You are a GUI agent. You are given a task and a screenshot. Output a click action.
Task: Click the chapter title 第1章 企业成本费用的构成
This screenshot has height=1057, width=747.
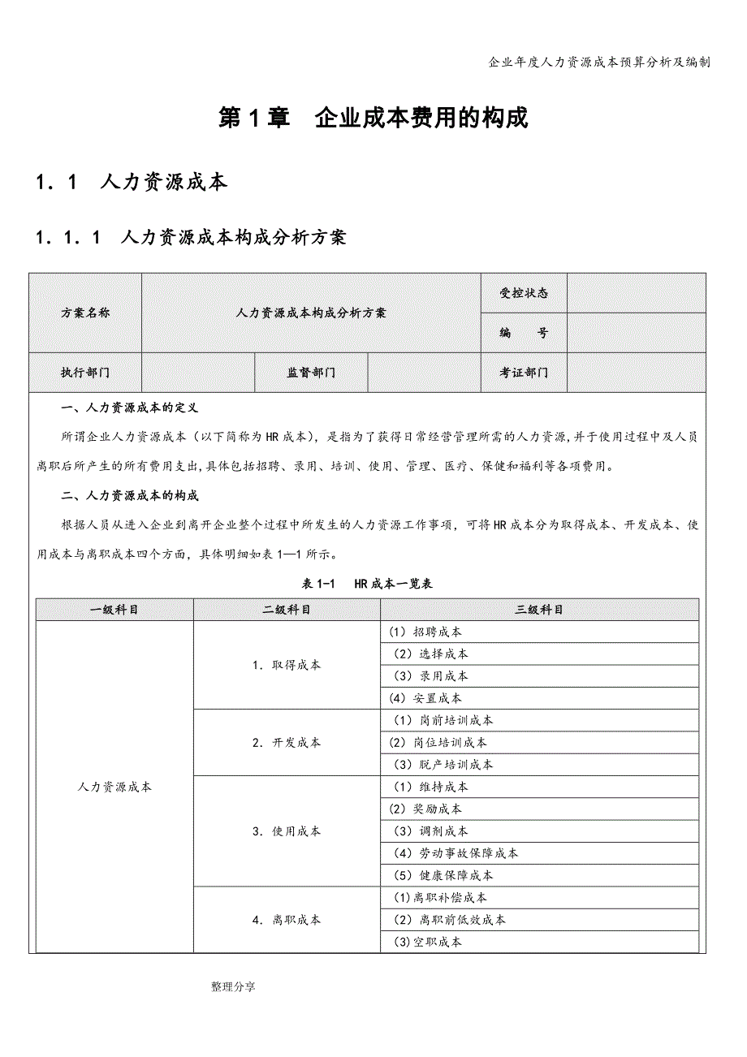[x=373, y=118]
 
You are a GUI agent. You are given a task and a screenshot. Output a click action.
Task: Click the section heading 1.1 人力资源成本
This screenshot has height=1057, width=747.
[x=132, y=182]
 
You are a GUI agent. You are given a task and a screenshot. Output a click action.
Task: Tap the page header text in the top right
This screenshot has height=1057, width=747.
[x=600, y=62]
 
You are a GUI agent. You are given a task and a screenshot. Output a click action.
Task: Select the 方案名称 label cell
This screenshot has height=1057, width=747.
[x=85, y=313]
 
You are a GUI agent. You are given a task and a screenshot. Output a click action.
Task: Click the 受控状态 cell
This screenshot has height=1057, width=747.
[x=524, y=293]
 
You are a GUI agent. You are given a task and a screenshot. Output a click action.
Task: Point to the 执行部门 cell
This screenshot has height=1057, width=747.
[x=85, y=373]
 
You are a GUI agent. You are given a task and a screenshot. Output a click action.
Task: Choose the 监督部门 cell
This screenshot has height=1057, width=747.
[x=311, y=373]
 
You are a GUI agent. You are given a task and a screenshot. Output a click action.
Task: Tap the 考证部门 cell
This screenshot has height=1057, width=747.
[x=524, y=373]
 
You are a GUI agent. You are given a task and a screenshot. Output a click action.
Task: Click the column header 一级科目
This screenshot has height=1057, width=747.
[x=114, y=610]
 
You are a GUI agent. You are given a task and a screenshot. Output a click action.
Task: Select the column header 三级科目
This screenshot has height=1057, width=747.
[x=539, y=610]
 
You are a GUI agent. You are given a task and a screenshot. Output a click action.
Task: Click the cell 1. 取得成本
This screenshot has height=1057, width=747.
[x=286, y=665]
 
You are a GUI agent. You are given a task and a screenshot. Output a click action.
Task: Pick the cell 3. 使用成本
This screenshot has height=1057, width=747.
[x=286, y=831]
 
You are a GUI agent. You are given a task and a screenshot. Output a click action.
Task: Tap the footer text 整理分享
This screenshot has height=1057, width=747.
[x=233, y=987]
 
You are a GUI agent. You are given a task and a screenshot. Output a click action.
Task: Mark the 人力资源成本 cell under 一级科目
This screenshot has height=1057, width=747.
[x=114, y=787]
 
